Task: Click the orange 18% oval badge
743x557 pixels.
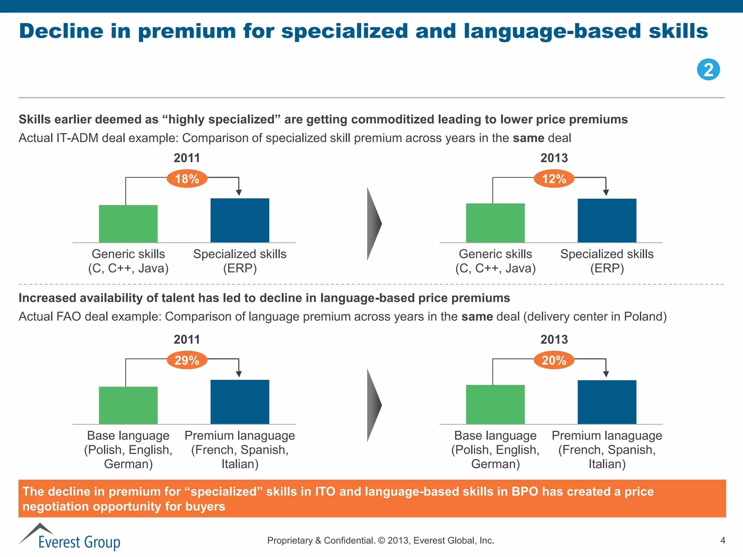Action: (x=187, y=179)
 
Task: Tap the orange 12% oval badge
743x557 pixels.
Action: (x=554, y=179)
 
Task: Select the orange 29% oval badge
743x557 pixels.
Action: (x=187, y=360)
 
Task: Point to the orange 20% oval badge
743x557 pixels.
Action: (x=554, y=360)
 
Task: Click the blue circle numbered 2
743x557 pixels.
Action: (x=708, y=70)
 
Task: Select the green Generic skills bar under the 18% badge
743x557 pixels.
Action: (x=128, y=224)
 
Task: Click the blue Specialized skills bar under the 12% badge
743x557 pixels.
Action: (x=607, y=220)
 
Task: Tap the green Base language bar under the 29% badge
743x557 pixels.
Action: (x=128, y=405)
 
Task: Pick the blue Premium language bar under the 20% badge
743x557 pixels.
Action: (x=607, y=402)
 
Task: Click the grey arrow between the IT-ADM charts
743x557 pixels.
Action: (x=373, y=224)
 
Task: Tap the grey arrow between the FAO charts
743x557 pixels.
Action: (x=373, y=405)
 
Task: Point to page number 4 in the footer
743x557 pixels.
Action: (x=722, y=541)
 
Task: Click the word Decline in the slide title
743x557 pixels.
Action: (x=61, y=31)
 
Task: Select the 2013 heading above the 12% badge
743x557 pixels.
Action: (x=554, y=158)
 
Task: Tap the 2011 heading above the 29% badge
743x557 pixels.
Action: (x=187, y=339)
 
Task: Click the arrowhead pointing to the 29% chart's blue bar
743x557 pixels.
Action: (x=239, y=374)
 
